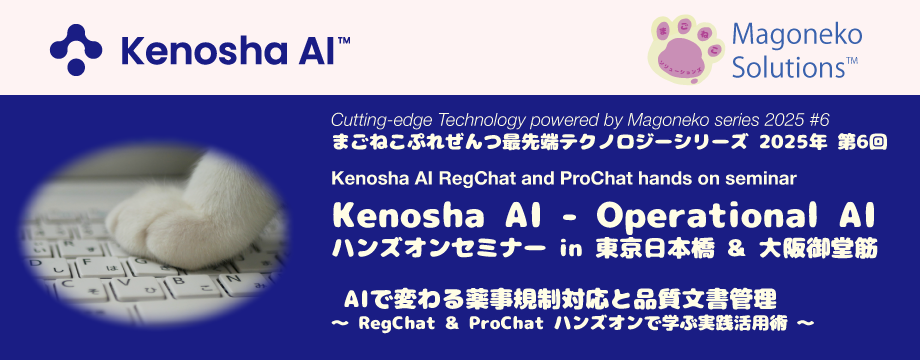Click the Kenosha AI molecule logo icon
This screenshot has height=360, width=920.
[76, 50]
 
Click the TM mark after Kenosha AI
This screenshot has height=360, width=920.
[344, 40]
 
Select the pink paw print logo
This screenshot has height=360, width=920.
[684, 49]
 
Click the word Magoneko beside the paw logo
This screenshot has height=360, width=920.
[797, 36]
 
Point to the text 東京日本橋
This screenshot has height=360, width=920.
[655, 249]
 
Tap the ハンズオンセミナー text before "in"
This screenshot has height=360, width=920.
[435, 249]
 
